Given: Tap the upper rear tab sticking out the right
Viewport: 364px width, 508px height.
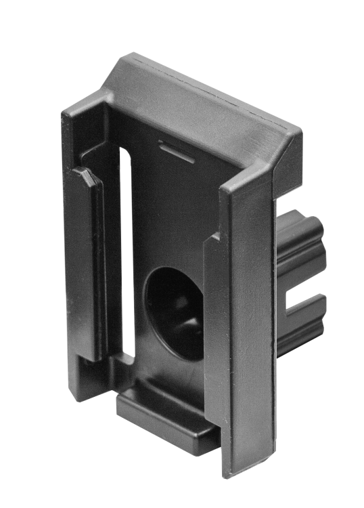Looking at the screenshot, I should [x=301, y=237].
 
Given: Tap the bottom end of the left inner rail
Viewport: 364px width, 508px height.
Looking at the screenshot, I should [x=91, y=352].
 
